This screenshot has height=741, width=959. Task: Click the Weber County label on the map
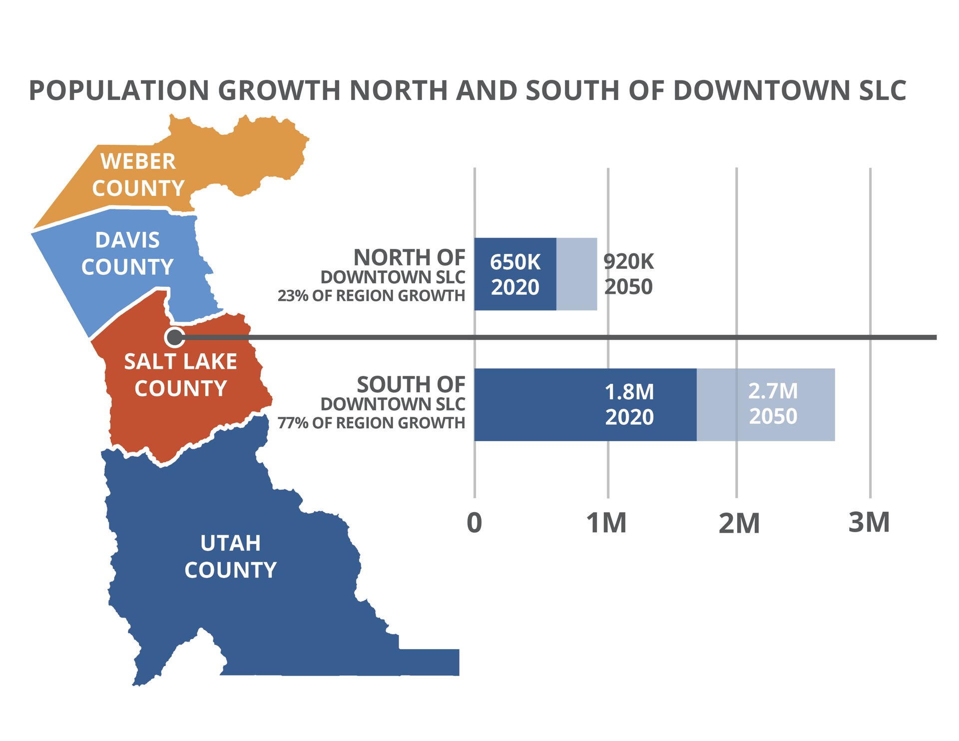(138, 175)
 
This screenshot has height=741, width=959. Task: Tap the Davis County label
(127, 253)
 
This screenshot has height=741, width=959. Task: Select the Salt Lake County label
(180, 375)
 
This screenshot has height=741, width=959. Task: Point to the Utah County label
(230, 556)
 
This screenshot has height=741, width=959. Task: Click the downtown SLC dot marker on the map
(174, 338)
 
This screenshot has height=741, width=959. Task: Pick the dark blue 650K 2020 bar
(515, 274)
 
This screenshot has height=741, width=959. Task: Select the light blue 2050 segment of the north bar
(576, 274)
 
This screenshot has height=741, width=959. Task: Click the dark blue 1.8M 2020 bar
(585, 405)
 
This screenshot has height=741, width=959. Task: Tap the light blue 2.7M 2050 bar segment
(766, 405)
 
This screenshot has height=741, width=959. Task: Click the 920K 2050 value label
(628, 274)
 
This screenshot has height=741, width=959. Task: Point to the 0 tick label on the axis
(474, 523)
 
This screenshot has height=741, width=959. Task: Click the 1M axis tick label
(606, 523)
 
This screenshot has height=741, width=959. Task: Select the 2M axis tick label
(739, 524)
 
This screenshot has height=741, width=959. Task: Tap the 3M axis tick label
(869, 523)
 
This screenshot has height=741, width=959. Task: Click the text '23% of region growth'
(371, 296)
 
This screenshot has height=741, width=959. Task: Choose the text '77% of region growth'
(371, 423)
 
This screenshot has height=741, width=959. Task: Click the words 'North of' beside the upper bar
(409, 258)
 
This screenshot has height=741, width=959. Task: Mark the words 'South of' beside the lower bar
(411, 385)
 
